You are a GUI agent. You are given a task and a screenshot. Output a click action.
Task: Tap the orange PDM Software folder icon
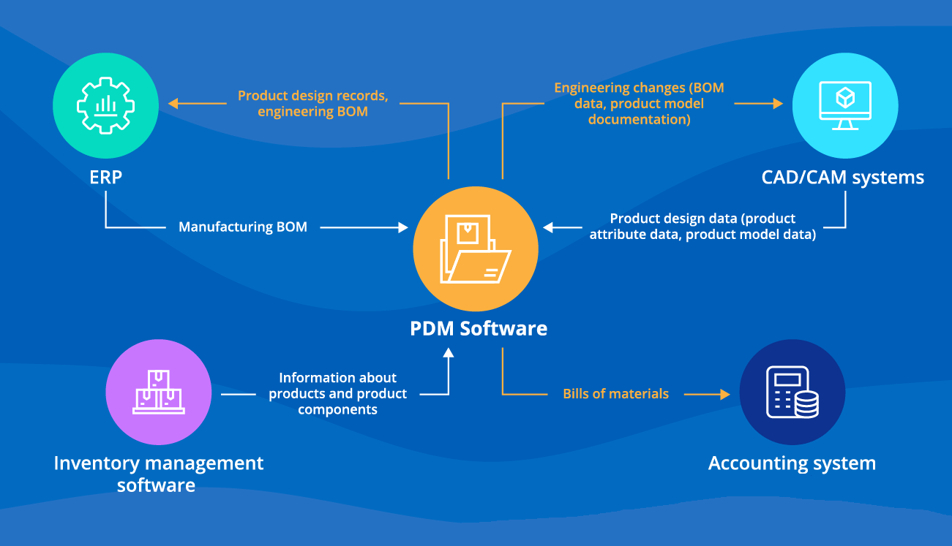[x=476, y=249]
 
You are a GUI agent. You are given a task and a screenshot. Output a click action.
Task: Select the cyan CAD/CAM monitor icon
[x=845, y=105]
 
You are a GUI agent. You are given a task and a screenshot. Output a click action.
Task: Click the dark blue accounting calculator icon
[x=792, y=393]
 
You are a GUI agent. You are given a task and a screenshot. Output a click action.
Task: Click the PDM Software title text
[x=479, y=328]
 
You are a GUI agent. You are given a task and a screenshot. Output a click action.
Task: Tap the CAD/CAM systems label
[x=842, y=177]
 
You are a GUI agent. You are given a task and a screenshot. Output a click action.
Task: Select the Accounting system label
[x=792, y=463]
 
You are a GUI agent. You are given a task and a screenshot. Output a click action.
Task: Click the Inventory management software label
[x=158, y=474]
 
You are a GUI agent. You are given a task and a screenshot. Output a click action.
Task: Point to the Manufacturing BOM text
[x=243, y=227]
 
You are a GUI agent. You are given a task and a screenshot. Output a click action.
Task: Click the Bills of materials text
[x=615, y=394]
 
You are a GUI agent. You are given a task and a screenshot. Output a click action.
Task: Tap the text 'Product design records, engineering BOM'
[x=312, y=104]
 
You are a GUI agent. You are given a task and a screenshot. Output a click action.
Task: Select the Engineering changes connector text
[x=639, y=104]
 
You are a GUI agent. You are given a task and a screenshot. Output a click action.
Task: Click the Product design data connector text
[x=702, y=227]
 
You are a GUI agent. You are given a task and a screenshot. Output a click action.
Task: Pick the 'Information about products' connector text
[x=337, y=393]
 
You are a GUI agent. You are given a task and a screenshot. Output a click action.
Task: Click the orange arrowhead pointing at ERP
[x=173, y=104]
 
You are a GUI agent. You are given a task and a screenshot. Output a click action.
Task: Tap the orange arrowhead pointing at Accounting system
[x=725, y=394]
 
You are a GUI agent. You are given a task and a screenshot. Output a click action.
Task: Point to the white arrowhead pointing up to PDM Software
[x=449, y=352]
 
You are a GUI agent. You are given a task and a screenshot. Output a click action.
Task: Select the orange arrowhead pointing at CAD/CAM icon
[x=778, y=104]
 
